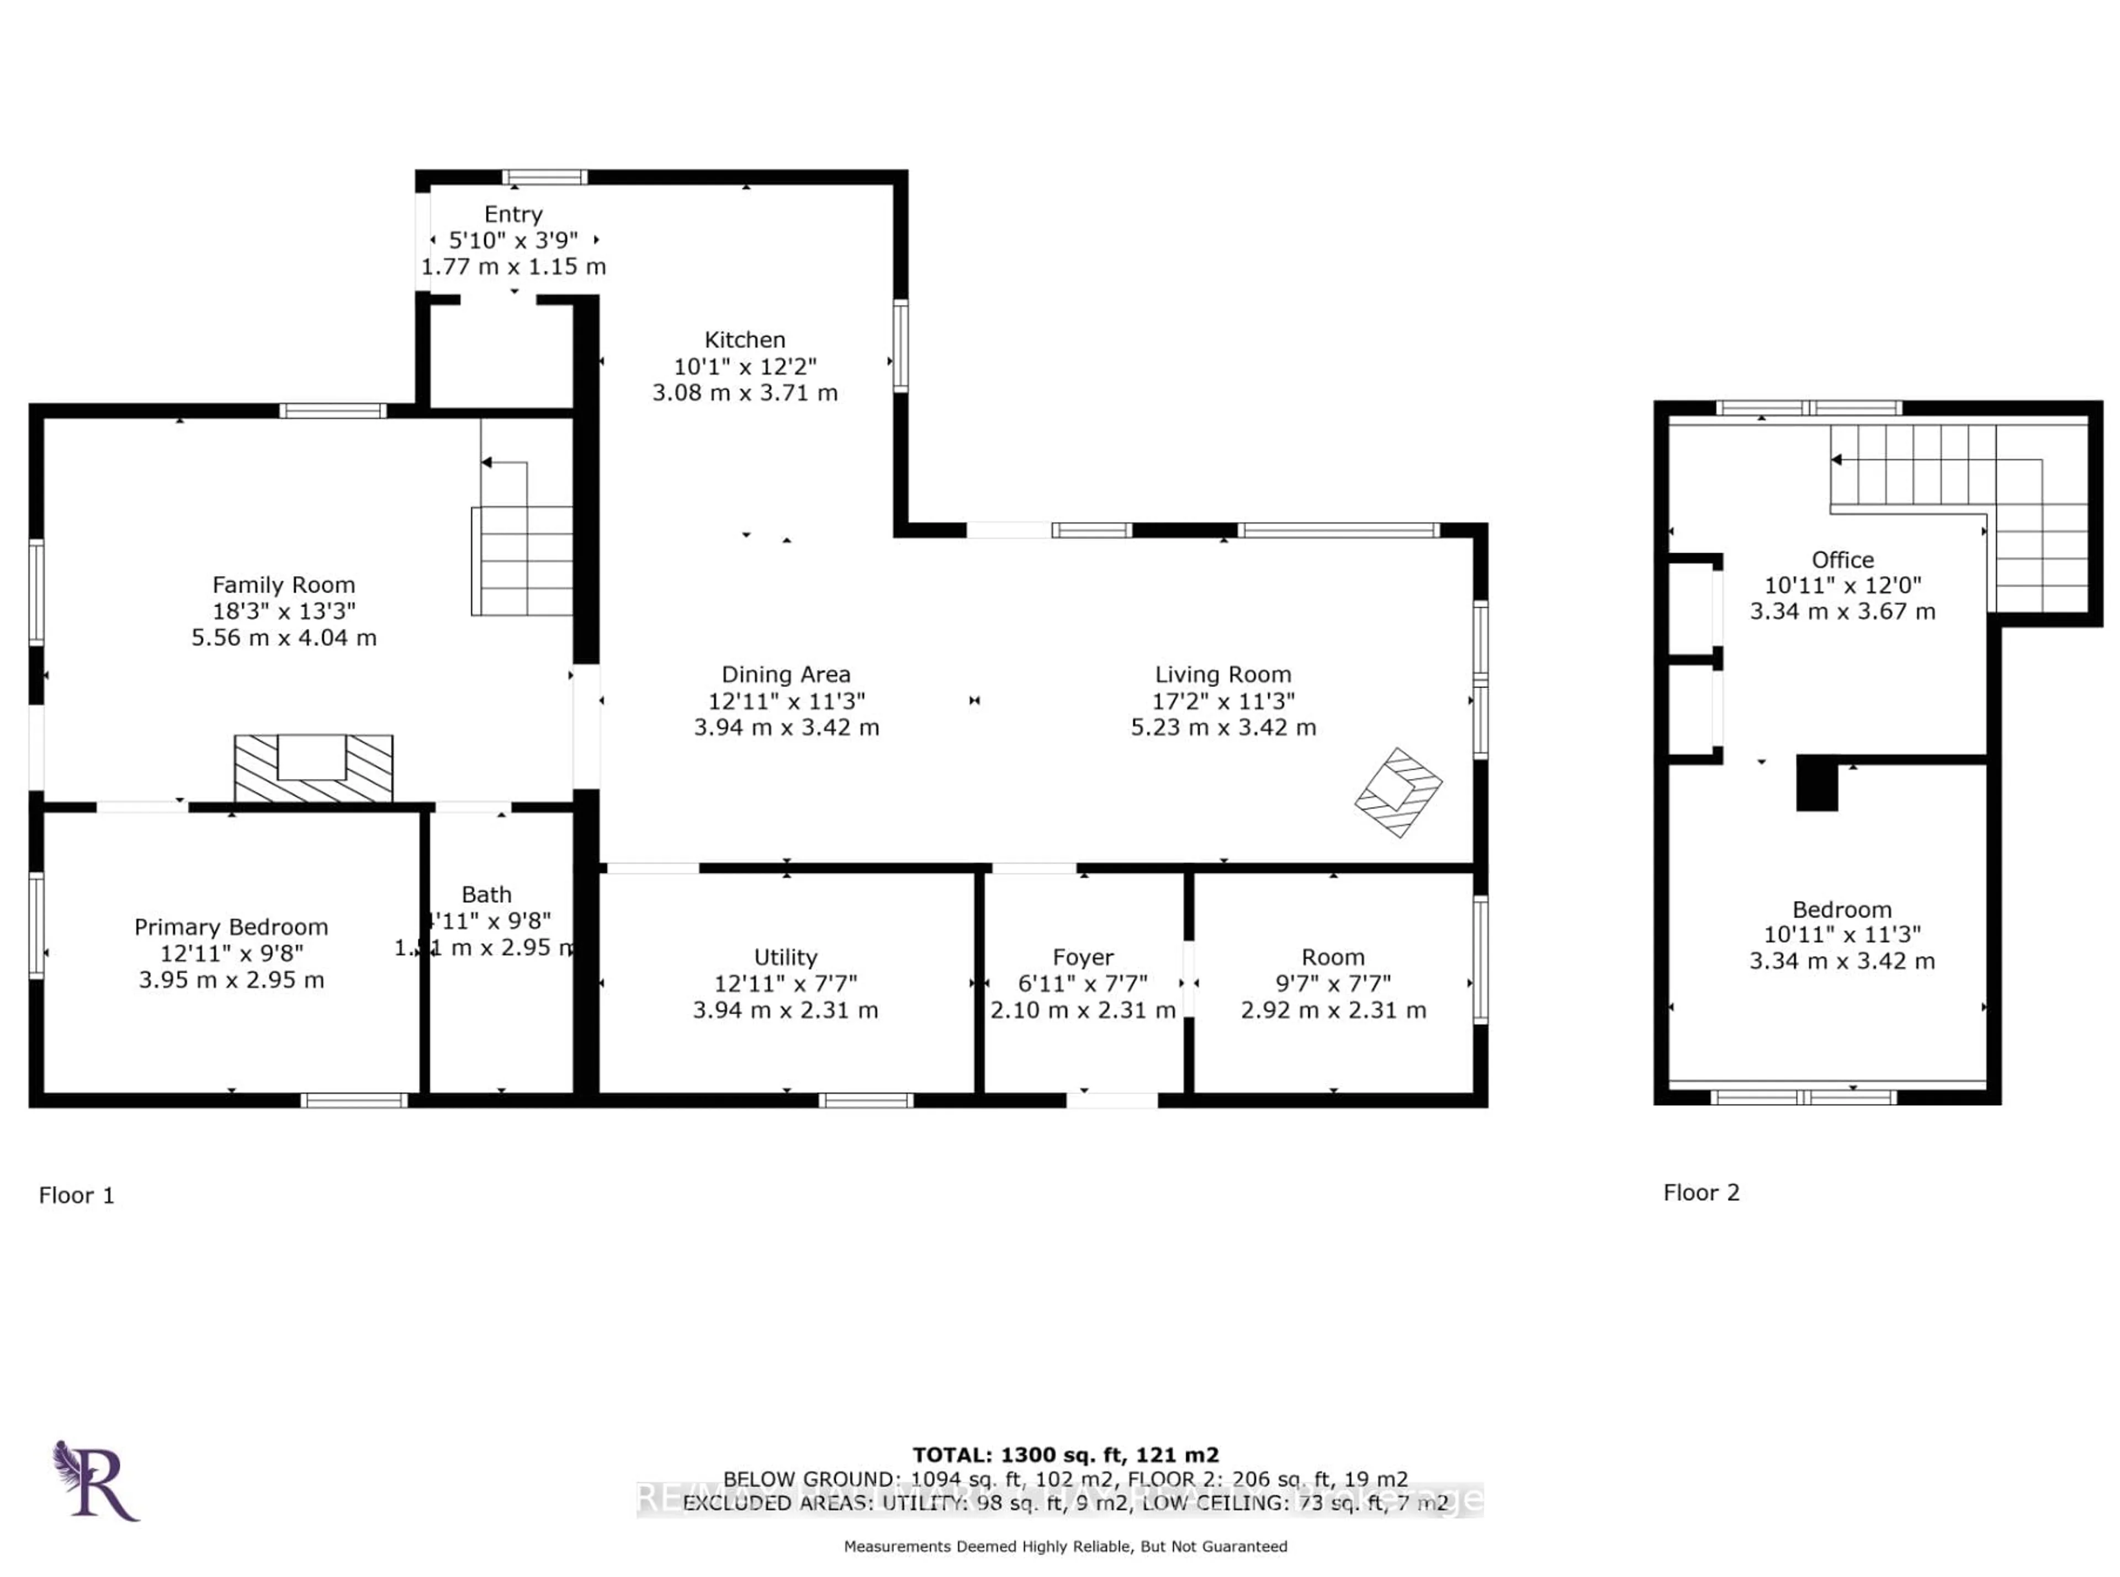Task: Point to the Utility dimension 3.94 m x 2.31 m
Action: (x=785, y=1010)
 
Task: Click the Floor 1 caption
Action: (x=76, y=1195)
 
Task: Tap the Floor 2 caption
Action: (x=1701, y=1192)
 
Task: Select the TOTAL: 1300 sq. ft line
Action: (x=1065, y=1455)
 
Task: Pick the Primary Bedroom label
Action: (x=231, y=927)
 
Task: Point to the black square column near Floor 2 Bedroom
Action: (x=1816, y=783)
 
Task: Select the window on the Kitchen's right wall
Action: (x=899, y=345)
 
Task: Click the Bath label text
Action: (x=486, y=894)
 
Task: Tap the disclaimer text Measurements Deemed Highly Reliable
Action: (x=1065, y=1546)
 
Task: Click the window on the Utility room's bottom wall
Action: (x=865, y=1101)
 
